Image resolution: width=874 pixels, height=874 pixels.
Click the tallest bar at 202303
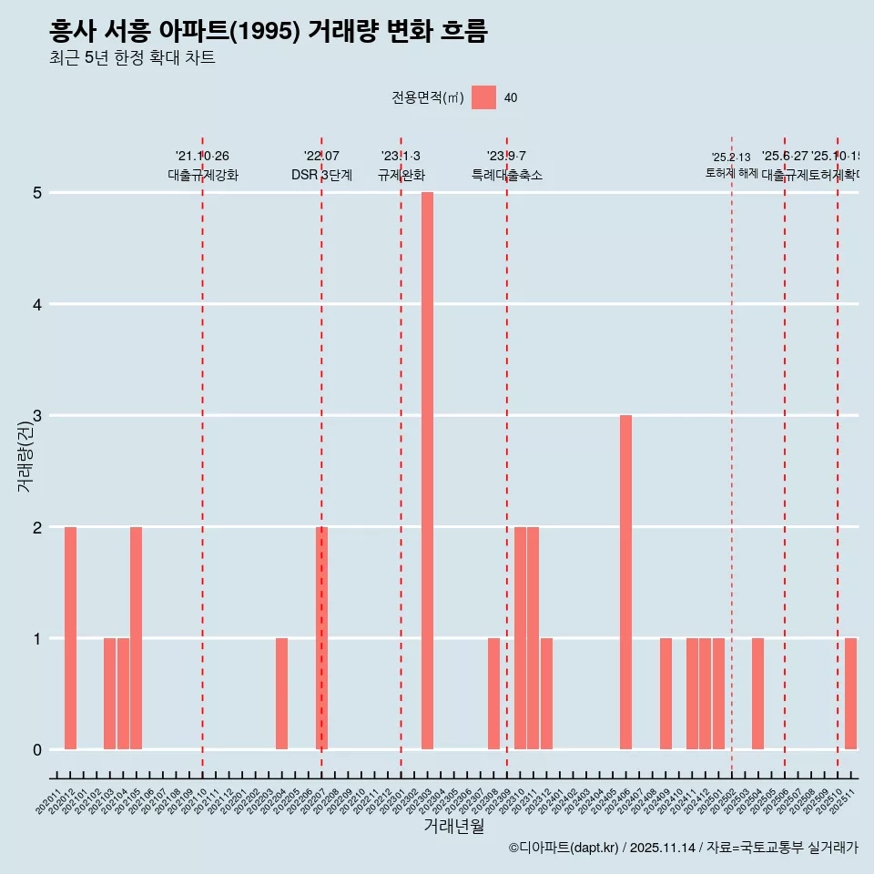coord(427,471)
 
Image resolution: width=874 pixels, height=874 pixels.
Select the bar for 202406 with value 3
coord(625,582)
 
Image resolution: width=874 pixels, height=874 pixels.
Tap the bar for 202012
coord(70,638)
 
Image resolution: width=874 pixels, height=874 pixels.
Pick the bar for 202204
coord(282,694)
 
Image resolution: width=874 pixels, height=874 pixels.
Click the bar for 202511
coord(850,694)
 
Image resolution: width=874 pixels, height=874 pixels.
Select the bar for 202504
coord(757,694)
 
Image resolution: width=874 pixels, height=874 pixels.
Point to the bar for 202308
coord(493,694)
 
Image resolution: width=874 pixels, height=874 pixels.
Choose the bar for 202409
coord(666,694)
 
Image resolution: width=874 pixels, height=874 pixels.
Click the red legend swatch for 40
coord(484,97)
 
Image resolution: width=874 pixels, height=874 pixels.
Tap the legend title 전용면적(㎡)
coord(428,98)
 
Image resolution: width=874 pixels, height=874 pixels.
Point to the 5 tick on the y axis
coord(37,193)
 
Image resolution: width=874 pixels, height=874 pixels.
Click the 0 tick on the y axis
coord(37,750)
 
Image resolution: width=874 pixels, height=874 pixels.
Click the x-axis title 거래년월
coord(453,826)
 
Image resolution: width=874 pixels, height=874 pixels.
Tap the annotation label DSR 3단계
coord(321,175)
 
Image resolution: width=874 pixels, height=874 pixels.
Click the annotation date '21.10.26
coord(202,157)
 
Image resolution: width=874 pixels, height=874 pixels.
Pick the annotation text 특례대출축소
coord(506,175)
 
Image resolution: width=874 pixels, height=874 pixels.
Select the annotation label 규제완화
coord(401,175)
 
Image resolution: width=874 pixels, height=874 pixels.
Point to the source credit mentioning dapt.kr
coord(683,848)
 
